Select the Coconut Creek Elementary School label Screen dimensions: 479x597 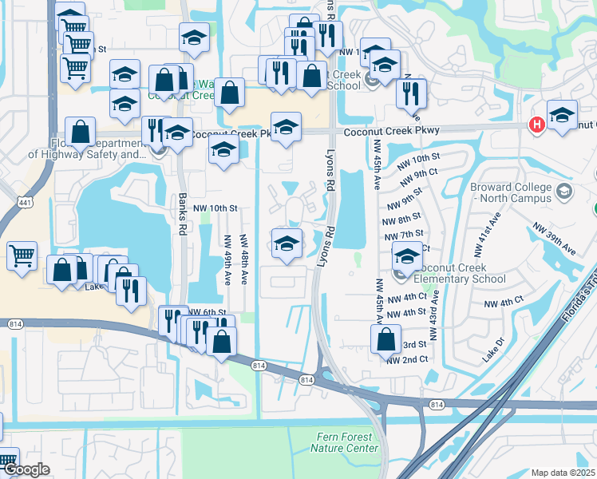coord(459,273)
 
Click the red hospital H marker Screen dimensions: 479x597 coord(537,125)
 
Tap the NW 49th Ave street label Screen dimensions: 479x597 coord(227,260)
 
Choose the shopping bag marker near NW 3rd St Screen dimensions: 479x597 coord(385,338)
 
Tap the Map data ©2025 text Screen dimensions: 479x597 coord(563,473)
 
